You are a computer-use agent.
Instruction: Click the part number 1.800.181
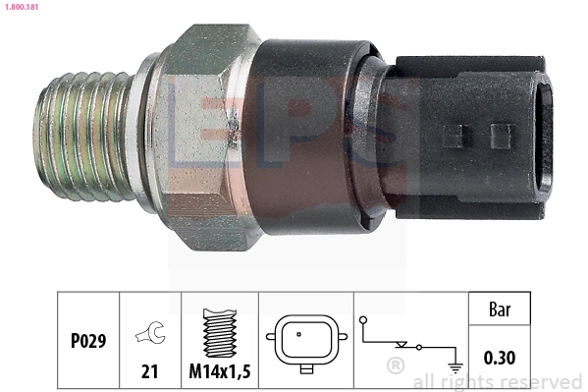[22, 7]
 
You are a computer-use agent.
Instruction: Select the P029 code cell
[87, 343]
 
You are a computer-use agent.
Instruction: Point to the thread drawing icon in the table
[219, 331]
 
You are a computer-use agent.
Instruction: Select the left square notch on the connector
[453, 135]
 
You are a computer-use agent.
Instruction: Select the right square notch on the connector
[502, 135]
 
